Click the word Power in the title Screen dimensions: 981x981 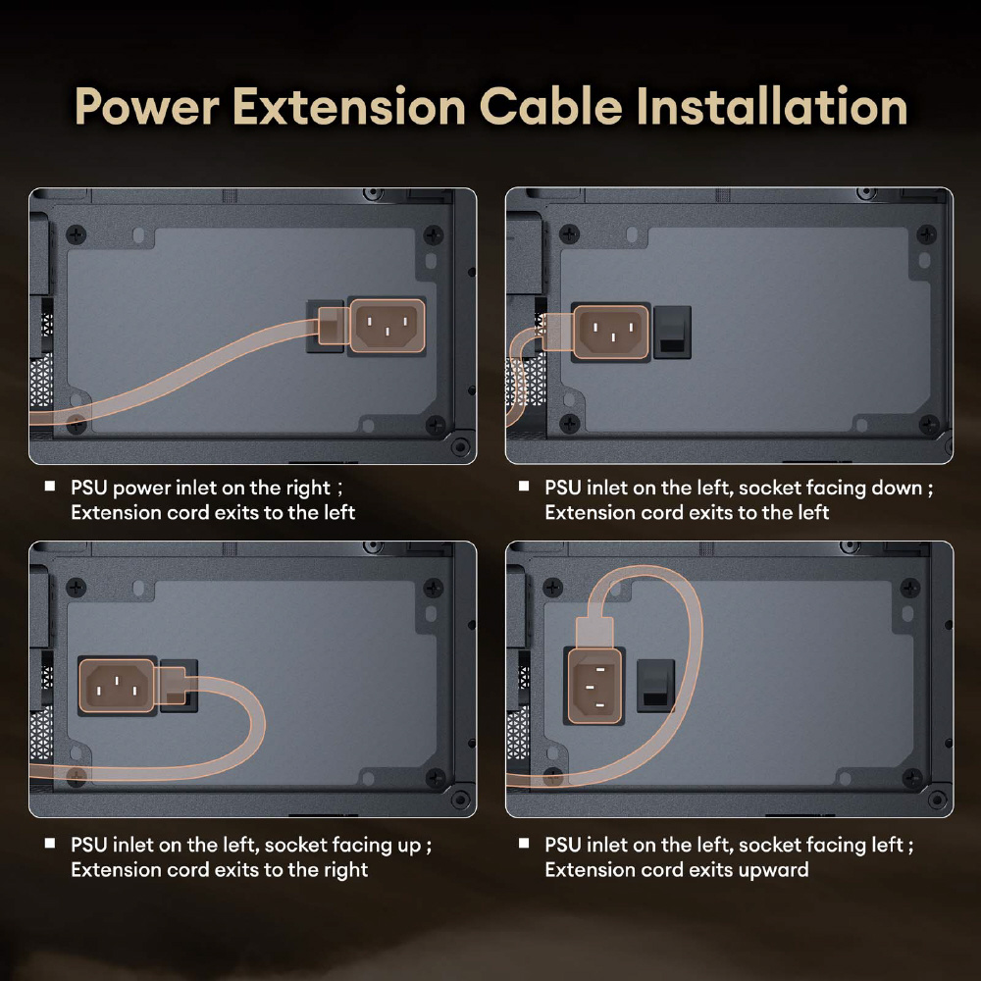click(147, 106)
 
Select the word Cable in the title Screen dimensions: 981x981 click(551, 106)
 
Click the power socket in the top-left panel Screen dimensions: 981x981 click(387, 326)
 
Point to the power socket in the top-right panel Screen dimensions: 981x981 click(611, 332)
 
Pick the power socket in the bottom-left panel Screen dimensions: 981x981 click(118, 685)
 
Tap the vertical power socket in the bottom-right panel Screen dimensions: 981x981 click(594, 685)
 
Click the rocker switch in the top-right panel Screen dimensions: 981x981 click(672, 333)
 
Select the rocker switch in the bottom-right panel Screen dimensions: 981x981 click(655, 686)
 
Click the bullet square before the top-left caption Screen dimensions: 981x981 click(50, 487)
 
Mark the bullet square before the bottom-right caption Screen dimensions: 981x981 click(524, 844)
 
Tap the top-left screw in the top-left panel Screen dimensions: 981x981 click(77, 235)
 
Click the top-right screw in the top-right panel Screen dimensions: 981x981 click(927, 234)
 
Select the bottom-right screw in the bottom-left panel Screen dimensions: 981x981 click(435, 778)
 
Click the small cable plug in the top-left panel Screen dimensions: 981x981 click(334, 326)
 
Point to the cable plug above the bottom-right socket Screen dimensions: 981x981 click(594, 632)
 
